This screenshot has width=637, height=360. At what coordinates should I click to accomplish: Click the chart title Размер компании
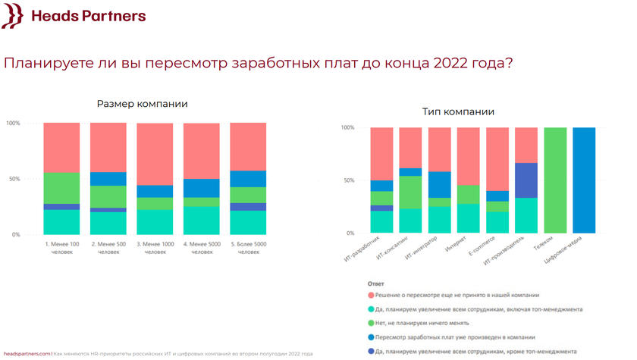143,104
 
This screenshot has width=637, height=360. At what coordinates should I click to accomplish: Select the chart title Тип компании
458,112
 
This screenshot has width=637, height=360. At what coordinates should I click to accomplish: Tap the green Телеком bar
555,180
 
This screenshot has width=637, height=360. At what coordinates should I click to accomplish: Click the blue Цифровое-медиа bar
584,180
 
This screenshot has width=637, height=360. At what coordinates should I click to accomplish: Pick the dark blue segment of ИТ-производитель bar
526,180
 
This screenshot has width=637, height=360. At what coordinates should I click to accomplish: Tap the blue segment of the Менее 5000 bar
201,188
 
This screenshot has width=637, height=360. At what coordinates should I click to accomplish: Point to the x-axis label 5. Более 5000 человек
248,247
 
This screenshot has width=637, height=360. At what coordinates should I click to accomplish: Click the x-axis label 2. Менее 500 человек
108,247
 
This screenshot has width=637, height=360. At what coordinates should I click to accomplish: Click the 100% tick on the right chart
348,127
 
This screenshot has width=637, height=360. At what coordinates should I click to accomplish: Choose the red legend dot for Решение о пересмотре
370,295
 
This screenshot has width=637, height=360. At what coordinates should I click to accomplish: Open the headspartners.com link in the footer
27,353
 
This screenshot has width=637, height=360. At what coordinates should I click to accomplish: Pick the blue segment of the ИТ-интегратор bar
439,185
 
